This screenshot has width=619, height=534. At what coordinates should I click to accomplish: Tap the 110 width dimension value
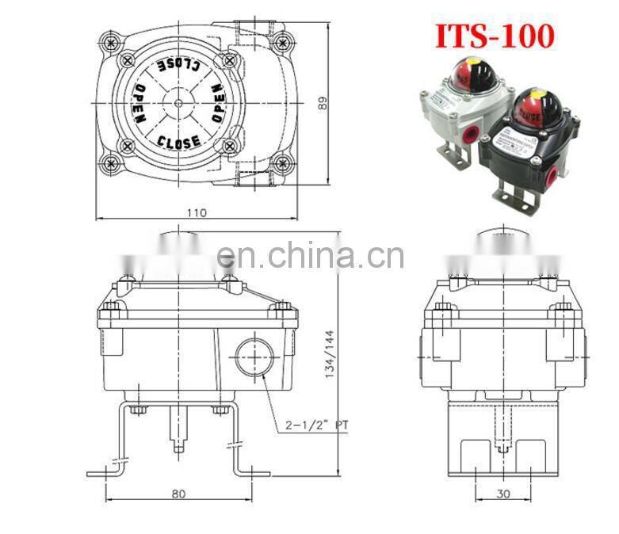(x=197, y=212)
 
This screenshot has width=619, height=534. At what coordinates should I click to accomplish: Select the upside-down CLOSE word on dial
(x=181, y=63)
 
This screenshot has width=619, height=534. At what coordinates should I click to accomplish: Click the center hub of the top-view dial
(x=180, y=103)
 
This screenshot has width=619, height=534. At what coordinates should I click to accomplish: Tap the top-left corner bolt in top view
(x=108, y=40)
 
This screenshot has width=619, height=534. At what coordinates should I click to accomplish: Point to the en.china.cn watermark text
(x=309, y=256)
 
